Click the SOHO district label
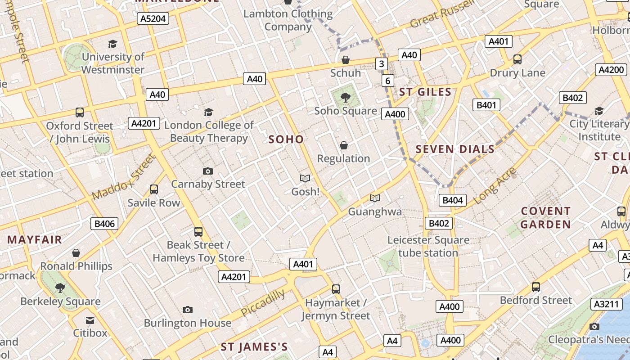286,139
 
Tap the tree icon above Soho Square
346,97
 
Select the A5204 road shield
153,18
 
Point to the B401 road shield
486,105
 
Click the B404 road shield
452,200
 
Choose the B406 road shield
104,224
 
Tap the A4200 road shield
612,70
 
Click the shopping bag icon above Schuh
346,60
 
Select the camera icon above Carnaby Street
207,171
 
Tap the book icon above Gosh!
305,178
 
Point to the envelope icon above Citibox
90,320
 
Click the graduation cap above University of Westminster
112,44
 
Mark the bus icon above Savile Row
154,189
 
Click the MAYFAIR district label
35,239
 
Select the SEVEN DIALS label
455,149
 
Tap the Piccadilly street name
263,303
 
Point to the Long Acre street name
495,185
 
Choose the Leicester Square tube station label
428,247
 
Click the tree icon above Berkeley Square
60,288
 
